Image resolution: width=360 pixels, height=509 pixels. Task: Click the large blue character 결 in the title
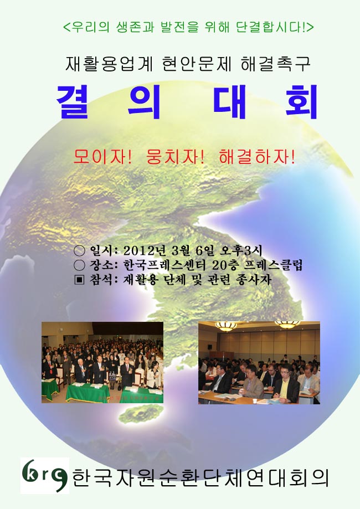click(73, 102)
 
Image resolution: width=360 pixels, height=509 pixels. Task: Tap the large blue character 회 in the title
click(301, 102)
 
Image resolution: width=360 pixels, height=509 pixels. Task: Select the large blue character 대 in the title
click(229, 102)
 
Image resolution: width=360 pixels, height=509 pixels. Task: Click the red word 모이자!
click(103, 157)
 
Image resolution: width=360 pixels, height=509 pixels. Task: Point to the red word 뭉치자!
click(176, 157)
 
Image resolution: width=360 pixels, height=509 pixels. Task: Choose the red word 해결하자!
click(257, 157)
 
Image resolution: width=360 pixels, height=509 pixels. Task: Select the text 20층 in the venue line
click(225, 265)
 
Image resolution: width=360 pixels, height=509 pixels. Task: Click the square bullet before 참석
click(79, 280)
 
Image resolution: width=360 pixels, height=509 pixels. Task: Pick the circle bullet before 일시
click(79, 250)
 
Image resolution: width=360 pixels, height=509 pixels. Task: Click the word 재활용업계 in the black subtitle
click(109, 64)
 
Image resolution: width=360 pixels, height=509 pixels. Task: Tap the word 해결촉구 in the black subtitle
click(275, 64)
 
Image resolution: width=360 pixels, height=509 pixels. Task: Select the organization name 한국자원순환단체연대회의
click(200, 478)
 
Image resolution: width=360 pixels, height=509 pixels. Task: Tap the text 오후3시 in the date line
click(241, 250)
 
